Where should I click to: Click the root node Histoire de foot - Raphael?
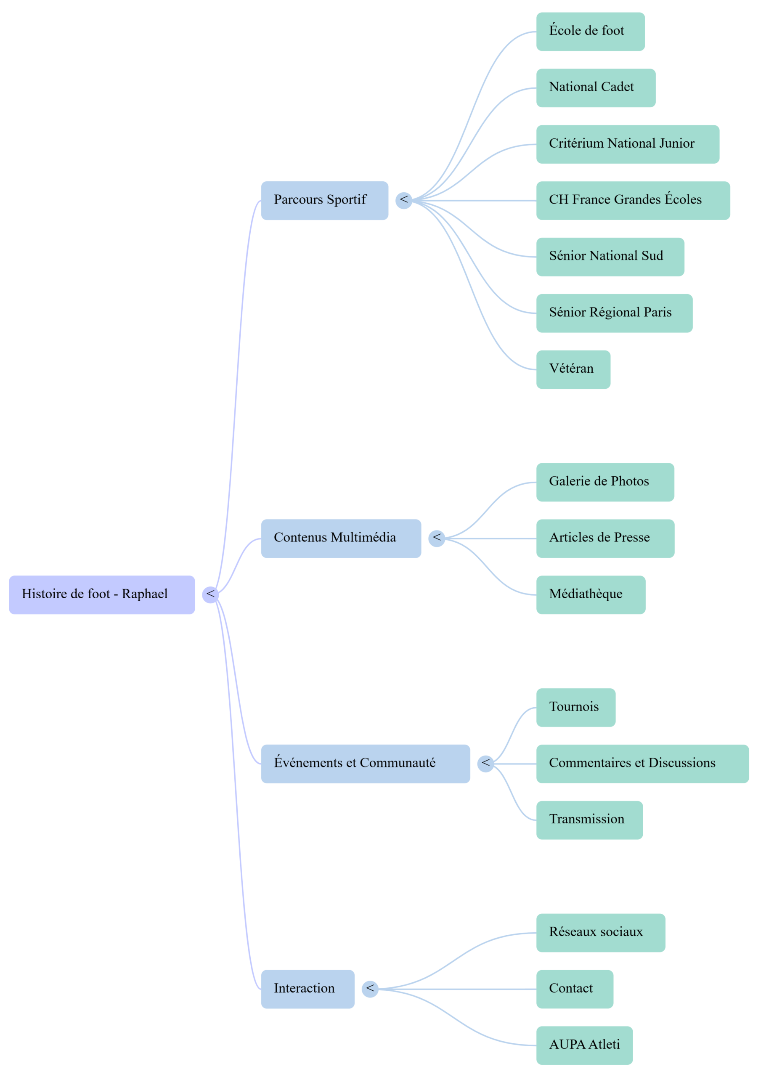tap(102, 594)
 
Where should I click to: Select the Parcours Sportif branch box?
tap(324, 200)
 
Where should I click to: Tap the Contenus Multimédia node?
tap(340, 538)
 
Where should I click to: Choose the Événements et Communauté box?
tap(365, 763)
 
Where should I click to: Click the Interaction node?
tap(307, 989)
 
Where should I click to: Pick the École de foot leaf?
tap(590, 31)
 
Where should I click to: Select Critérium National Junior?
tap(627, 144)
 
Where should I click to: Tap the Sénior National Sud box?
tap(610, 257)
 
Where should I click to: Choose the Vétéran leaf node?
tap(573, 369)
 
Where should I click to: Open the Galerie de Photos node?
tap(605, 482)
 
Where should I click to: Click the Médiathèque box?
tap(590, 594)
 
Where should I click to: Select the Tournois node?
tap(575, 707)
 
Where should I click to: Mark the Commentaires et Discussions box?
tap(642, 763)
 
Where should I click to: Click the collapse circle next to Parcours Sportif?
tap(403, 200)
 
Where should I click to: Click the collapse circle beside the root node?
tap(210, 594)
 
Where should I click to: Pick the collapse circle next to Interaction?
tap(370, 989)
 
